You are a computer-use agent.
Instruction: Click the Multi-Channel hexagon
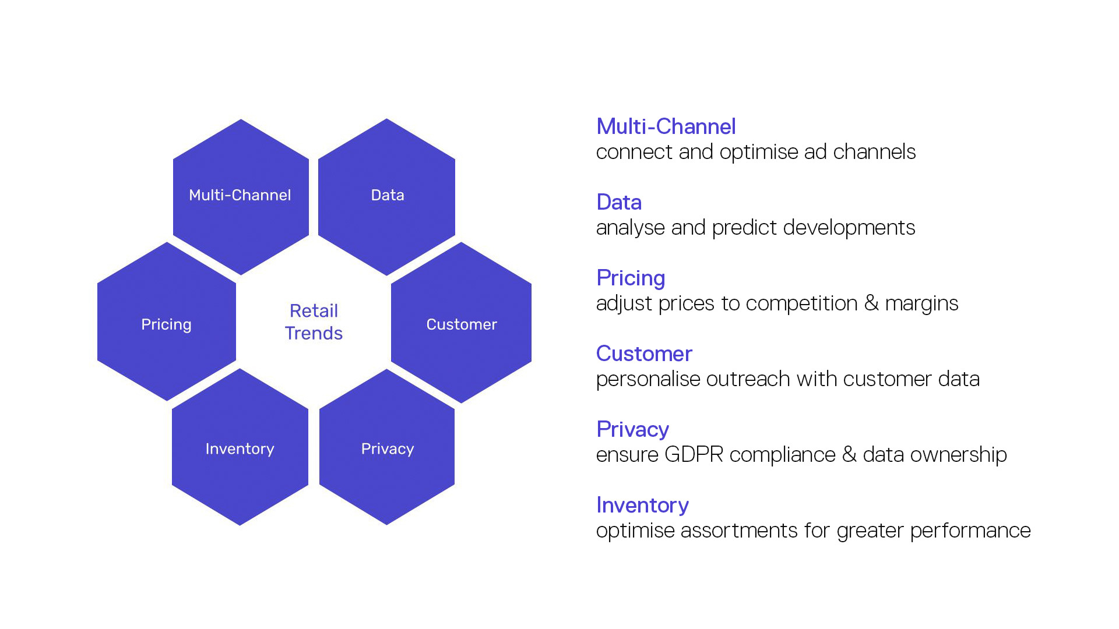point(241,197)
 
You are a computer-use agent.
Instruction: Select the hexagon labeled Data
point(386,197)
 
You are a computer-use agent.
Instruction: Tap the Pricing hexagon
point(167,321)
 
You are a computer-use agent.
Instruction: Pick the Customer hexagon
point(461,322)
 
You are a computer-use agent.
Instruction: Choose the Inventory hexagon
point(240,447)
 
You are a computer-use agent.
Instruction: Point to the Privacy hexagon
point(387,447)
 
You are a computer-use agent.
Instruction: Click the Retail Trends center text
point(314,321)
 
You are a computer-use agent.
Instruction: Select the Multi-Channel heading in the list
point(666,126)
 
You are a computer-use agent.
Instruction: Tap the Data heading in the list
point(619,202)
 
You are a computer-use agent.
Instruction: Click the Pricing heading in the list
point(631,278)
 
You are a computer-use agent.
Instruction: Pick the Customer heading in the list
point(644,354)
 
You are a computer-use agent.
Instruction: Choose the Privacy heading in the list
point(632,430)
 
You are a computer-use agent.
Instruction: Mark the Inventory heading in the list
point(642,506)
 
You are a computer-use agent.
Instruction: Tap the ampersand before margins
point(871,303)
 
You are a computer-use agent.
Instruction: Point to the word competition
point(801,304)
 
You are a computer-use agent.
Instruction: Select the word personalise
point(648,380)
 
